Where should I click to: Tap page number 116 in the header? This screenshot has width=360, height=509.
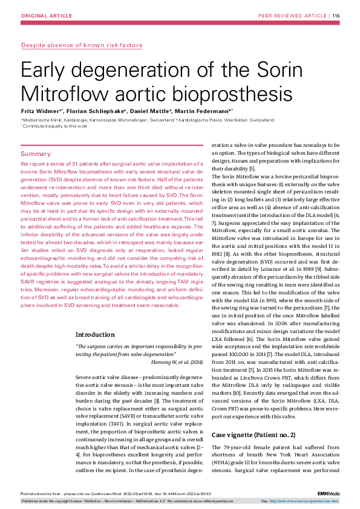[336, 15]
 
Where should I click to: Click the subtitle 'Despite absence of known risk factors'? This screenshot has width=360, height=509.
[82, 45]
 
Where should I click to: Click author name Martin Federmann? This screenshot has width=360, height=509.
[212, 112]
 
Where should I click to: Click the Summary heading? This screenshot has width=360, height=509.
[36, 154]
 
